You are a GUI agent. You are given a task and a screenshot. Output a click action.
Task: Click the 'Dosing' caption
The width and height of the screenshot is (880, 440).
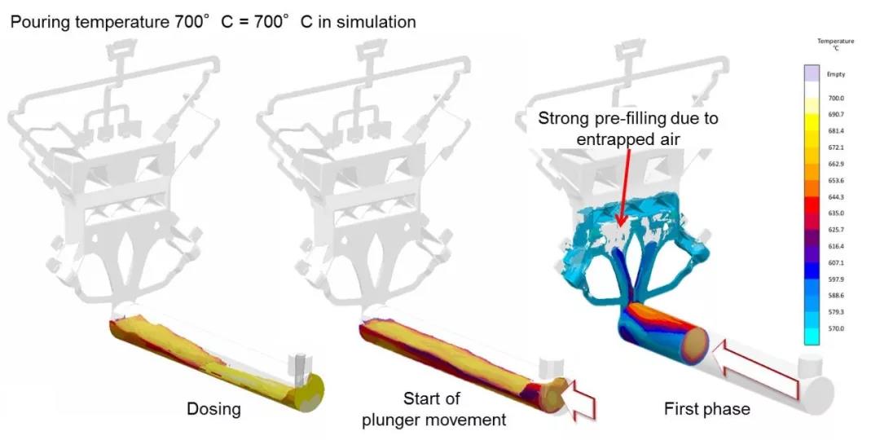click(213, 408)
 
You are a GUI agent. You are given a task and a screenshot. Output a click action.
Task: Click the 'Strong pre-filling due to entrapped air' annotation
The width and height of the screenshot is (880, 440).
click(627, 128)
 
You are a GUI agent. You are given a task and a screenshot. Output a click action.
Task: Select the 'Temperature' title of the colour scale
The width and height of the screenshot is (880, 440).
click(836, 43)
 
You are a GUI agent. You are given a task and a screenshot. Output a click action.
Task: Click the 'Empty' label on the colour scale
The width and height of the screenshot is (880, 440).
click(836, 74)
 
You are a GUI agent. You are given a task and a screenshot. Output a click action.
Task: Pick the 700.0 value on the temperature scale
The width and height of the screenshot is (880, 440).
click(836, 97)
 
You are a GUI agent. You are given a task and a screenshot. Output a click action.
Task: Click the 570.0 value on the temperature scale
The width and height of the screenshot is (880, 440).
click(836, 329)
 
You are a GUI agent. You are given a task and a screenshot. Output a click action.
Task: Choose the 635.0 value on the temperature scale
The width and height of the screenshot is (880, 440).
click(836, 213)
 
